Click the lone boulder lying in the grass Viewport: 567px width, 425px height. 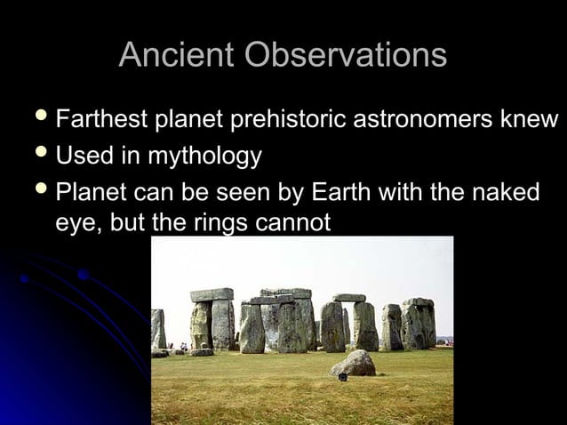click(354, 363)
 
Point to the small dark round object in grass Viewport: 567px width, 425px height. click(342, 378)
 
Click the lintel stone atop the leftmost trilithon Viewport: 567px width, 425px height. click(212, 294)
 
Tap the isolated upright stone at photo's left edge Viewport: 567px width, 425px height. click(158, 329)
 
